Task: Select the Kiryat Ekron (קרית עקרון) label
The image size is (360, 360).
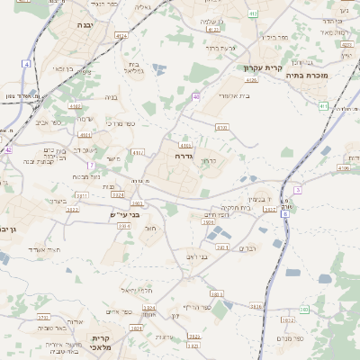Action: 263,67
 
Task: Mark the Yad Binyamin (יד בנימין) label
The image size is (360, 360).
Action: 256,199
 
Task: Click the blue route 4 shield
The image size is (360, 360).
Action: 28,64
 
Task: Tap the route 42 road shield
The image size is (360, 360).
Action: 8,150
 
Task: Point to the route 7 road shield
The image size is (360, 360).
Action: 92,166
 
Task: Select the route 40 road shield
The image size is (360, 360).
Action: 195,96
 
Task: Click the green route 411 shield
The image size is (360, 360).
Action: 323,106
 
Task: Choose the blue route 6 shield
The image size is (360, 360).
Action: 285,214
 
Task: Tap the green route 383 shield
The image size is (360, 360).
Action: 304,310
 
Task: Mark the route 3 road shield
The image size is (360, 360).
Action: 297,190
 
